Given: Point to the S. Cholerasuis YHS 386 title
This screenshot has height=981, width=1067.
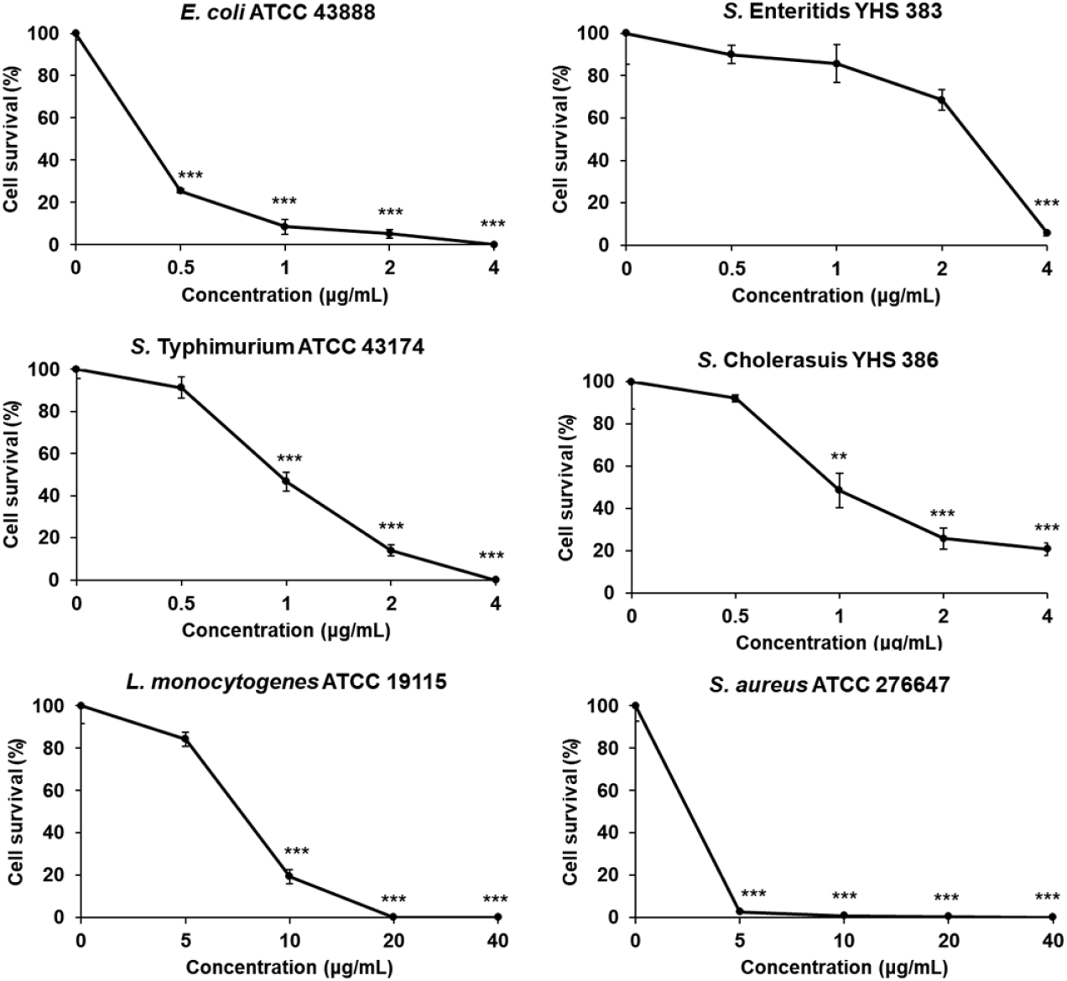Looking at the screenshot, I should click(818, 360).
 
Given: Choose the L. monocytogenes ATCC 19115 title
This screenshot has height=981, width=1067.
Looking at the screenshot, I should click(286, 682).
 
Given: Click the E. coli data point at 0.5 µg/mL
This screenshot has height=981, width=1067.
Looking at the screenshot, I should click(180, 191).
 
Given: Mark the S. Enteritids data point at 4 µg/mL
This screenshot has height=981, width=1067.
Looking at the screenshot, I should click(1046, 232).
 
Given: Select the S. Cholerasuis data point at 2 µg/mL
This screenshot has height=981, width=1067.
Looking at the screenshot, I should click(943, 538).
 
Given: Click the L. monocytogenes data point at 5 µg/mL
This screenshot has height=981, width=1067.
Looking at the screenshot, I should click(185, 739).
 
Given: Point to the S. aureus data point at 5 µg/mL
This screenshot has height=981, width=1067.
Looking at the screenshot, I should click(739, 911).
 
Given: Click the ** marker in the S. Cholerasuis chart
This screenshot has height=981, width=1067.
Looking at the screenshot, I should click(839, 458).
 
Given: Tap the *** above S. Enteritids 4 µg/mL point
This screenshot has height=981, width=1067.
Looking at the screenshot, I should click(1046, 204).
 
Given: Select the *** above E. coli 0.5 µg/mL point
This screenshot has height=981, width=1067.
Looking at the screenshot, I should click(190, 175).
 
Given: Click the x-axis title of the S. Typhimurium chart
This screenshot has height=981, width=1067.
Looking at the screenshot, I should click(286, 631).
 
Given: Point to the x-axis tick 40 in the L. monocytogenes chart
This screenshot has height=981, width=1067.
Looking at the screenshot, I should click(497, 940).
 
